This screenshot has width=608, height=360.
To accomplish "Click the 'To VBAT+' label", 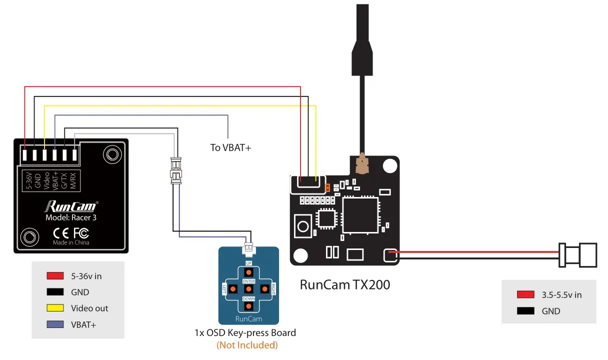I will pyautogui.click(x=230, y=147).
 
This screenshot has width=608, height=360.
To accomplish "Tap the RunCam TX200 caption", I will pyautogui.click(x=344, y=284).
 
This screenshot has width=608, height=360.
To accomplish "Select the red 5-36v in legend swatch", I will pyautogui.click(x=55, y=275).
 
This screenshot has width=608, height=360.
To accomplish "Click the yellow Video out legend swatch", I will pyautogui.click(x=55, y=308).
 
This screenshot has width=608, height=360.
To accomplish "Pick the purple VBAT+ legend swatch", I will pyautogui.click(x=55, y=324).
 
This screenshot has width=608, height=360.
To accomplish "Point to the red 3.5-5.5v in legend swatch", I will pyautogui.click(x=525, y=294).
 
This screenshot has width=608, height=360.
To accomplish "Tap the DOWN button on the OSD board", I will pyautogui.click(x=249, y=304).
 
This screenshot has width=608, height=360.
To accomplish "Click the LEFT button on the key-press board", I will pyautogui.click(x=232, y=288).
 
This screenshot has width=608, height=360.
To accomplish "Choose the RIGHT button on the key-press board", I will pyautogui.click(x=265, y=288).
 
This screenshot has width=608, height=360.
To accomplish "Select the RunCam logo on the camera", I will pyautogui.click(x=71, y=205).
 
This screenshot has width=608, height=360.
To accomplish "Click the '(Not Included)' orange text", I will pyautogui.click(x=246, y=345).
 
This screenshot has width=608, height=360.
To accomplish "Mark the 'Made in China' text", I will pyautogui.click(x=71, y=242).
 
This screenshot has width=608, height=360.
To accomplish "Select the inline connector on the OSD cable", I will pyautogui.click(x=175, y=170).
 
